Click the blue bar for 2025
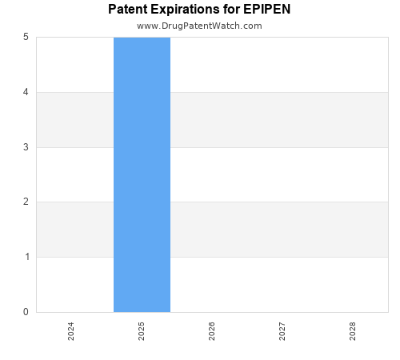click(142, 174)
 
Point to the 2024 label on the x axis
click(71, 331)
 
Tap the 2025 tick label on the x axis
click(142, 331)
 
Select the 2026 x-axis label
click(212, 331)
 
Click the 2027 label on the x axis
click(282, 331)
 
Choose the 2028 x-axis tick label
click(353, 331)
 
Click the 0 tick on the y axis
click(26, 312)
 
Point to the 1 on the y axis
click(26, 257)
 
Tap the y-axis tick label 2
click(26, 202)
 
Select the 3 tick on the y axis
click(26, 147)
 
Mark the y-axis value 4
click(26, 92)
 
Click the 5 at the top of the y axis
click(26, 37)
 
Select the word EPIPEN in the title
click(267, 10)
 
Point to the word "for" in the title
click(231, 10)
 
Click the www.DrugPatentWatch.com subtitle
click(199, 26)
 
